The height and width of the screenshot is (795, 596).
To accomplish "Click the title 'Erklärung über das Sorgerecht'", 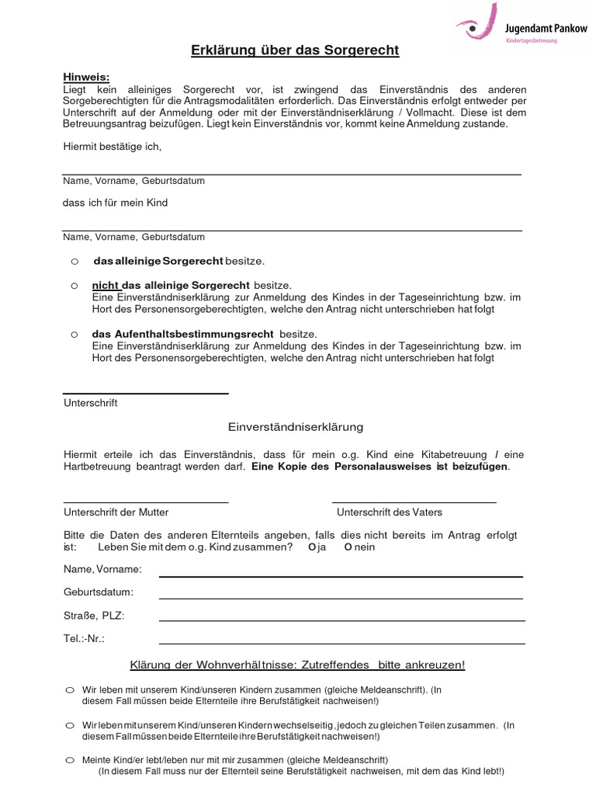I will (295, 51).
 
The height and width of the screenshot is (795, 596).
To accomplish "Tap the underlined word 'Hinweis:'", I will (86, 77).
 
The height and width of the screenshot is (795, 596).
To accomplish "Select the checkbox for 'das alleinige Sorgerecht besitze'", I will (74, 260).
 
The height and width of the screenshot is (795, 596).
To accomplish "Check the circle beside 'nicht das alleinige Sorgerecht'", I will (74, 286).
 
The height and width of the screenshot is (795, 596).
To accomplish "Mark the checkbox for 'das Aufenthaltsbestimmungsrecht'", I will (74, 334).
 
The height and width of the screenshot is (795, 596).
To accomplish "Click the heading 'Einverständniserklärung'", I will (295, 427).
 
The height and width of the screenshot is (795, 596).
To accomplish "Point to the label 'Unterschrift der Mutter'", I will (116, 512).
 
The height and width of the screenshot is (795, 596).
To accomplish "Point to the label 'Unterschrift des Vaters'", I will (390, 512).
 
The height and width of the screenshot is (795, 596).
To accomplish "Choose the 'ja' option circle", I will (312, 547).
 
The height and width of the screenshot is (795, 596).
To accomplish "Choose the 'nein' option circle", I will (348, 547).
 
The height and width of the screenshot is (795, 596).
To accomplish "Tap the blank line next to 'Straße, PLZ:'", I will (341, 620).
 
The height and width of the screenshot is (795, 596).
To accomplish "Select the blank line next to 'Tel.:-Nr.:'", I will (341, 642).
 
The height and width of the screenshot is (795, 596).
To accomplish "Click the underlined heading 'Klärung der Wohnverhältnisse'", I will (297, 665).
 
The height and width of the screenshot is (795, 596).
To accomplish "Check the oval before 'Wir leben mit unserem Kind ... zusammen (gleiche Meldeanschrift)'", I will (70, 689).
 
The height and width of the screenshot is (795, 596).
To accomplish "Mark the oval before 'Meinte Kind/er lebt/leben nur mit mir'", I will (70, 760).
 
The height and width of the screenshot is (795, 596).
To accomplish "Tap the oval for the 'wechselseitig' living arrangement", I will (70, 724).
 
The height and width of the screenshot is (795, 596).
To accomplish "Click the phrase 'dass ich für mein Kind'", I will (115, 203).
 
